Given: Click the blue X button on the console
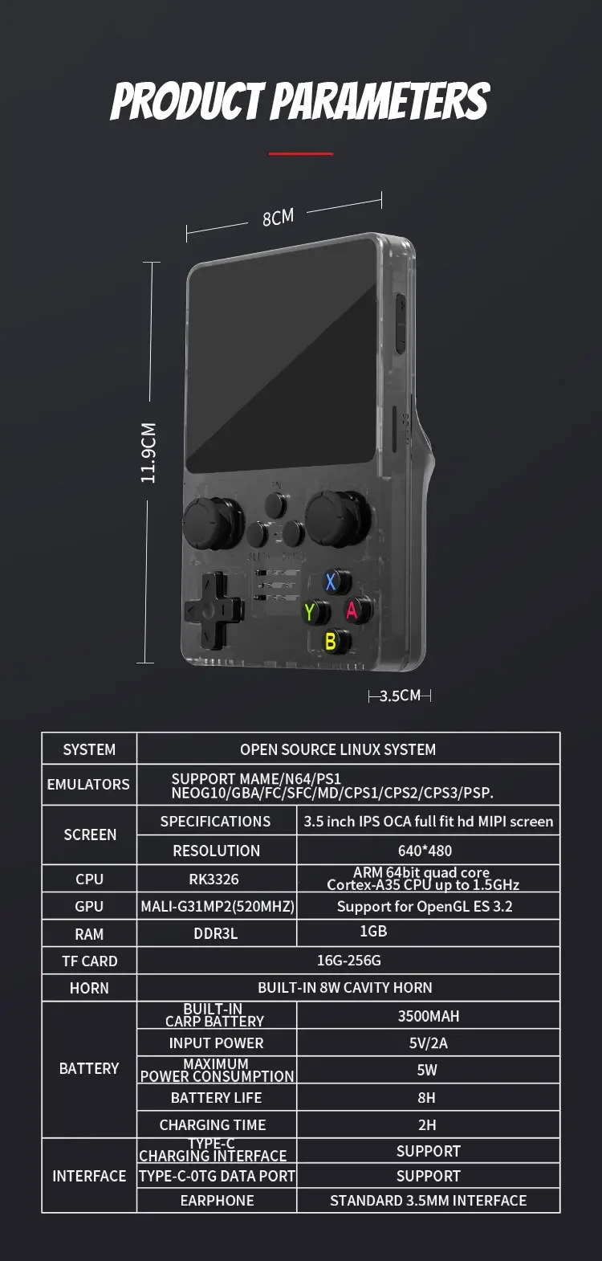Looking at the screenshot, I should coord(331,582).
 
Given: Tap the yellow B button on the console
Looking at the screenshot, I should coord(330,641).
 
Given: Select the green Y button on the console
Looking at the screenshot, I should coord(310,612).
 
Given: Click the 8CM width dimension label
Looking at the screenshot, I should coord(279,217).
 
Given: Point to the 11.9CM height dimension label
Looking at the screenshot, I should coord(148,453).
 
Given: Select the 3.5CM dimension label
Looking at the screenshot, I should coord(400,696).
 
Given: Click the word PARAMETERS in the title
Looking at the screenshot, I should coord(380,102).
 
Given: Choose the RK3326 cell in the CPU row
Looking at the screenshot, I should coord(214,879).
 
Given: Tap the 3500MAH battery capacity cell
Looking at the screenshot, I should coord(429,1016).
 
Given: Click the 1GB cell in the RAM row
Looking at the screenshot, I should coord(373,931).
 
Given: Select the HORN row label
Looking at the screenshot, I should coord(89,988).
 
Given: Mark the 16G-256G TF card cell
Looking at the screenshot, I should coord(348,961).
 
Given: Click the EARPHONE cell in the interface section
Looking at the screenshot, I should coord(217,1200).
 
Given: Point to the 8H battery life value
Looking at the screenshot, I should coord(427,1097).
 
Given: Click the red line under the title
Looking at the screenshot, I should coord(300,153).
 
